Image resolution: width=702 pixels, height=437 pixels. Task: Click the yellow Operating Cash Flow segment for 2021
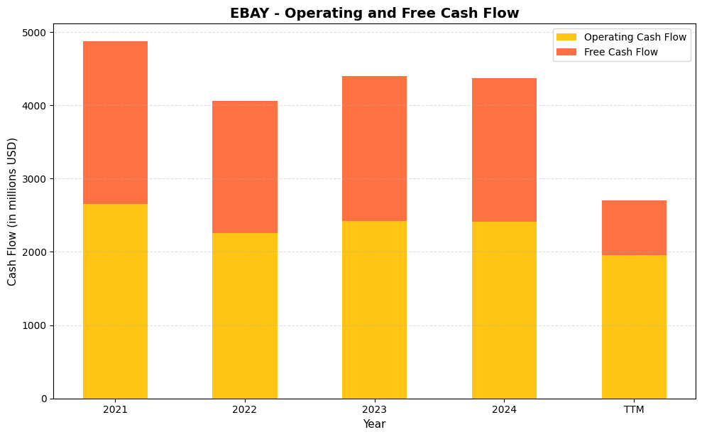pyautogui.click(x=115, y=301)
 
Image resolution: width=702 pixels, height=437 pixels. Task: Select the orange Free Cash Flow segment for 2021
pyautogui.click(x=115, y=122)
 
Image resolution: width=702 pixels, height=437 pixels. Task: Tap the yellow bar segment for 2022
pyautogui.click(x=245, y=315)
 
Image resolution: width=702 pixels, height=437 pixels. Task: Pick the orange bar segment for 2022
pyautogui.click(x=245, y=167)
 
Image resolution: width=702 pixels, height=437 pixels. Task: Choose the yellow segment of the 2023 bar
pyautogui.click(x=374, y=310)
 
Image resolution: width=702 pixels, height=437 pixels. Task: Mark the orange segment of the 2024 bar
pyautogui.click(x=504, y=150)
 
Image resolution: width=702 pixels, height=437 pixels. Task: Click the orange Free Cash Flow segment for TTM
pyautogui.click(x=634, y=227)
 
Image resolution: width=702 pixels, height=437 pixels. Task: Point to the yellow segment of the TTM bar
pyautogui.click(x=634, y=327)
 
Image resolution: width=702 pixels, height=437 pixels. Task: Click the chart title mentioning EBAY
pyautogui.click(x=374, y=13)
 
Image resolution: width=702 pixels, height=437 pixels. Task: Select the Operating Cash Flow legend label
pyautogui.click(x=635, y=37)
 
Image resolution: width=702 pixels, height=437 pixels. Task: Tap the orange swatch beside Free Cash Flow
pyautogui.click(x=566, y=52)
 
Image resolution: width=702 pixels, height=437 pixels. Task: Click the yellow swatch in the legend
pyautogui.click(x=566, y=37)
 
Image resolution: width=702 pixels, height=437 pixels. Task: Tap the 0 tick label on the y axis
pyautogui.click(x=43, y=399)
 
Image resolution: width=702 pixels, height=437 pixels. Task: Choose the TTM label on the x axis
pyautogui.click(x=634, y=409)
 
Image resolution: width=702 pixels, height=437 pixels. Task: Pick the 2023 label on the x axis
pyautogui.click(x=374, y=409)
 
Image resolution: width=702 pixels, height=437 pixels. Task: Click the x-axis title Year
pyautogui.click(x=374, y=424)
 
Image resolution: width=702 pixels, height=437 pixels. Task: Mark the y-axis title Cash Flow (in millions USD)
pyautogui.click(x=12, y=212)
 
